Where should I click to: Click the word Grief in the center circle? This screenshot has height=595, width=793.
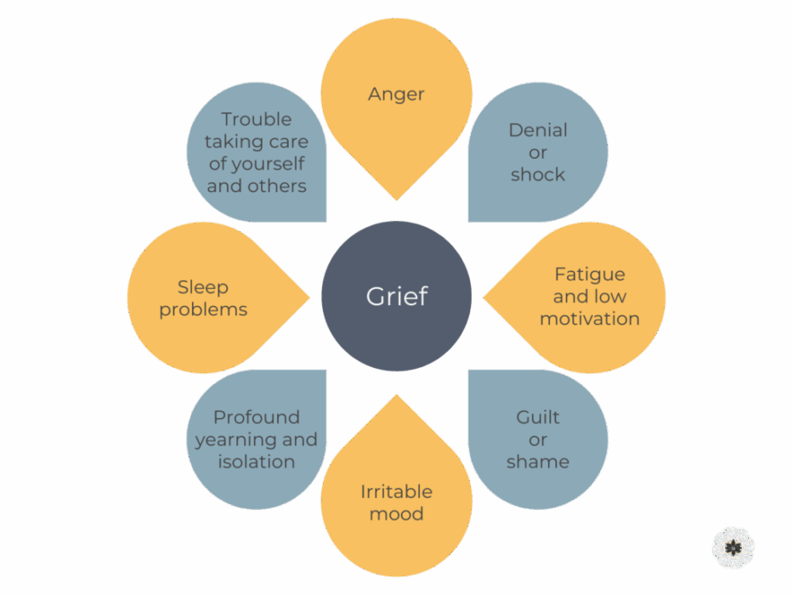point(397,297)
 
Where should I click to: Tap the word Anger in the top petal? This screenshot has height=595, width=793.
point(396,94)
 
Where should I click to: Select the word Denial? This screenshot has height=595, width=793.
point(538,131)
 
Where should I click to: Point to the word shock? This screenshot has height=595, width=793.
point(538,175)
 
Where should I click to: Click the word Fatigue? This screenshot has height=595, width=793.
point(589,275)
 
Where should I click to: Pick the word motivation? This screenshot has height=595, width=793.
point(589,320)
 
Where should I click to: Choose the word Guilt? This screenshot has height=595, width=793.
point(538,418)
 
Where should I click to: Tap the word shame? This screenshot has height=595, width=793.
point(538,462)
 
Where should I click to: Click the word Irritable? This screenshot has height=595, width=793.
point(396,492)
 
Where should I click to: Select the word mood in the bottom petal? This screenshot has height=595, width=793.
point(396,514)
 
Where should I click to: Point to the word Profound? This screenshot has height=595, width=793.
point(256,418)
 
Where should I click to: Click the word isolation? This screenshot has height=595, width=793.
point(256,462)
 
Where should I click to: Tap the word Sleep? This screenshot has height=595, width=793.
point(203,287)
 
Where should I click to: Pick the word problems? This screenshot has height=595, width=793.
point(203,309)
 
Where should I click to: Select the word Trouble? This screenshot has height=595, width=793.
point(256,120)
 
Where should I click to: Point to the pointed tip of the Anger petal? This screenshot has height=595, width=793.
point(396,200)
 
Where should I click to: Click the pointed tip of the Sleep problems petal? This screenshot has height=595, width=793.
point(309,297)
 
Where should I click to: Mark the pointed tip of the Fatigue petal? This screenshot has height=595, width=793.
point(484,297)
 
